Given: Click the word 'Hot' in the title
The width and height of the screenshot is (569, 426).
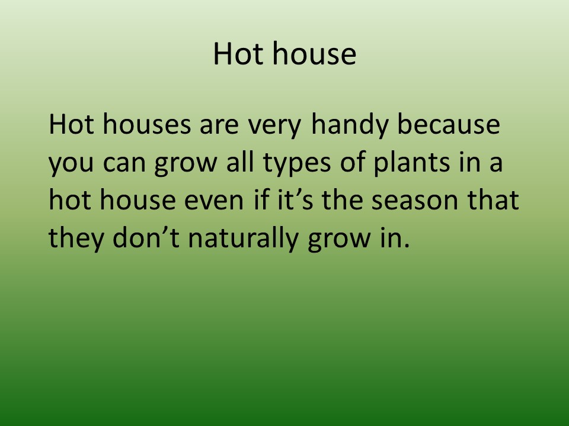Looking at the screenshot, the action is (238, 53).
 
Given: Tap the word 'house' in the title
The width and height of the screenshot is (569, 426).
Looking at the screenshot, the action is (314, 53).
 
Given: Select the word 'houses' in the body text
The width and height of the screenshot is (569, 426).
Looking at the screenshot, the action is (146, 124).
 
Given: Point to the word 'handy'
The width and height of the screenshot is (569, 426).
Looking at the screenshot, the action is (350, 125).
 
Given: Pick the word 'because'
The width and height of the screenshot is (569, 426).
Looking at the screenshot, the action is (449, 124).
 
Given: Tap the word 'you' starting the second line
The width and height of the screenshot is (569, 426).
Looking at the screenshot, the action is (71, 166).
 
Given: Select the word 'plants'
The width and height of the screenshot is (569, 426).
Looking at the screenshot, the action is (412, 164).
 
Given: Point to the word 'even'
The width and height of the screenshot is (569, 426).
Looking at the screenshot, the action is (214, 202).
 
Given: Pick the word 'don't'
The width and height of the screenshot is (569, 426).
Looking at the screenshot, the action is (146, 238).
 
